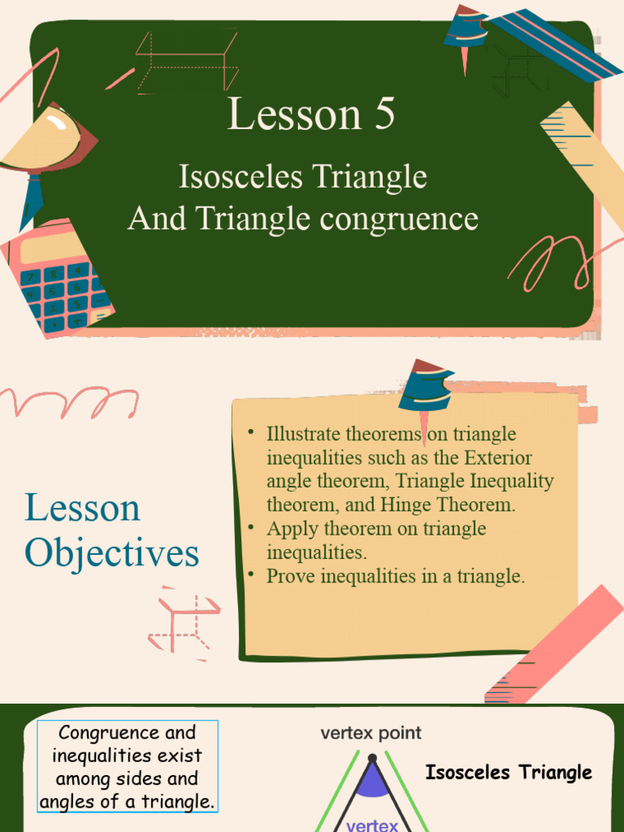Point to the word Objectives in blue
111,553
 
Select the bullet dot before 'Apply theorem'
253,527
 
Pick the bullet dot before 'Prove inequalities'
253,575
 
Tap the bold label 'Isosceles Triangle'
508,773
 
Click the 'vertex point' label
370,733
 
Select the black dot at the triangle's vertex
371,759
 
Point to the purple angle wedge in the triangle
371,782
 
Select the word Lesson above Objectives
82,509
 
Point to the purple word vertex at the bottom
372,825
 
